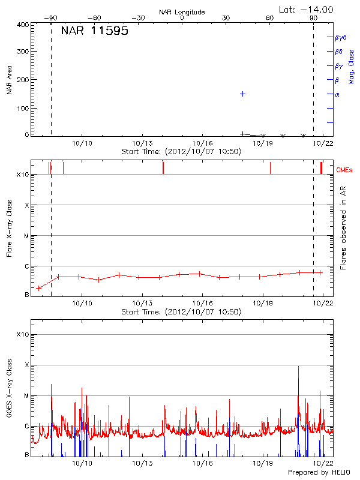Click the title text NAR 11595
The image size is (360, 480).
pos(95,32)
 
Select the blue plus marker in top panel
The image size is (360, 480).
pos(242,94)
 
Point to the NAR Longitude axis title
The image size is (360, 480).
pos(182,12)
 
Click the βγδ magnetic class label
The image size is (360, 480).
pos(340,37)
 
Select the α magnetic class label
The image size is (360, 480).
pos(337,94)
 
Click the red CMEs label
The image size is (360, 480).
pos(344,170)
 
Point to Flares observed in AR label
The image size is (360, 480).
pos(344,227)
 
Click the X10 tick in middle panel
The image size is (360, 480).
pos(23,175)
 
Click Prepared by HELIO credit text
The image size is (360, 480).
pos(319,473)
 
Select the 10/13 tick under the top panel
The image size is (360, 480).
pos(142,143)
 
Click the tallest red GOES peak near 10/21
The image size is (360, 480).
pos(298,367)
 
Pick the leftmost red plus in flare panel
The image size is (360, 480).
pos(39,288)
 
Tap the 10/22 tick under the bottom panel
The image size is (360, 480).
pos(323,463)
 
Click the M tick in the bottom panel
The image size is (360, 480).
pos(26,395)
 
